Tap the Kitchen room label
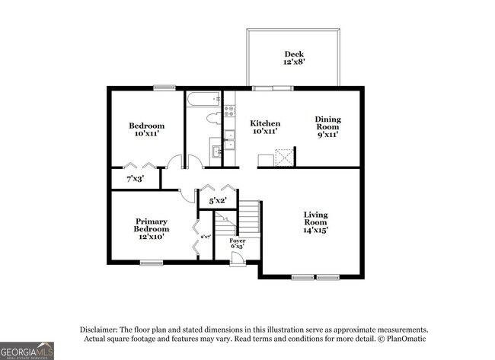[265, 127]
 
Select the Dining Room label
[328, 126]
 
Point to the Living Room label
[315, 221]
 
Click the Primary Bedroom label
[151, 229]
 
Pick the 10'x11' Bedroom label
[145, 129]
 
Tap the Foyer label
[238, 244]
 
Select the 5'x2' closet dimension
[217, 201]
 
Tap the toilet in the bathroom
[216, 117]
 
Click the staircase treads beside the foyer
[249, 219]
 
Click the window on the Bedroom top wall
[164, 88]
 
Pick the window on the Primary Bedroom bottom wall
[151, 263]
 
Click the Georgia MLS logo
[27, 351]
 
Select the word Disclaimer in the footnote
[102, 330]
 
